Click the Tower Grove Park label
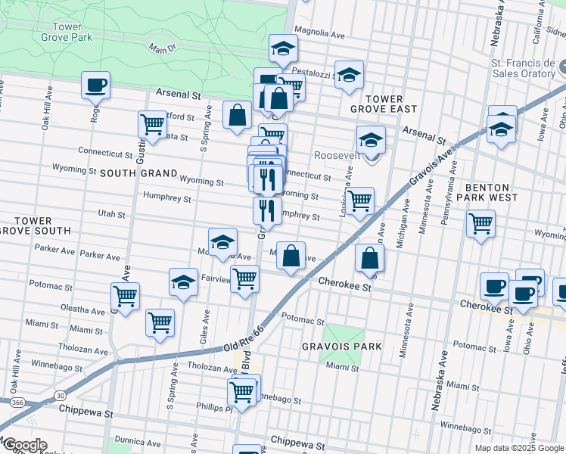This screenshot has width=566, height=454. point(67,32)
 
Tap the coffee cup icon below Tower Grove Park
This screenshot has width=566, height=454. point(96,86)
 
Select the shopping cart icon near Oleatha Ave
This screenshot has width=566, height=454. point(125,297)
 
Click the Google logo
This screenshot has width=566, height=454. point(24,445)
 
